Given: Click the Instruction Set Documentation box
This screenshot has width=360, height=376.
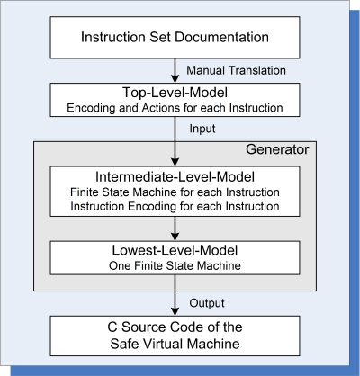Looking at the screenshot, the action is (x=175, y=38).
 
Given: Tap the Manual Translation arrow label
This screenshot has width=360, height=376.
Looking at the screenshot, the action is (x=236, y=70).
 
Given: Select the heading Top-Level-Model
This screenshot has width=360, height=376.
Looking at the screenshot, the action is (x=175, y=93).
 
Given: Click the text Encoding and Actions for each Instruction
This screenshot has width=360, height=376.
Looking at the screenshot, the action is (x=175, y=108).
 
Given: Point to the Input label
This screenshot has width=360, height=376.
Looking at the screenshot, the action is (x=202, y=129).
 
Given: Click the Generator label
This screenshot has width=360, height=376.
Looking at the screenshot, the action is (x=277, y=149).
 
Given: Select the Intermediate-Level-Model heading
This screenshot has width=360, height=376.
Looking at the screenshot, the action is (x=175, y=177).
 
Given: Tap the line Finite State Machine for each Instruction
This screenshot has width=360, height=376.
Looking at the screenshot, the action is (x=175, y=192).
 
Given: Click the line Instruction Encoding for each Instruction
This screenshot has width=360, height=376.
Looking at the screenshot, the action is (x=175, y=207).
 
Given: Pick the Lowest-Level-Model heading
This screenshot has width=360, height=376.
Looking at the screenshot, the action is (x=175, y=250).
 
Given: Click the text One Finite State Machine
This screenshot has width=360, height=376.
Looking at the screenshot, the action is (x=175, y=265).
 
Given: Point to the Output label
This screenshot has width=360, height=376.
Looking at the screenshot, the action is (x=207, y=303).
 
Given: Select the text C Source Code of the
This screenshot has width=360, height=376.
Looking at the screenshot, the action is (x=175, y=327).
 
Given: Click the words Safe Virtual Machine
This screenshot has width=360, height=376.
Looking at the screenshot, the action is (x=175, y=344).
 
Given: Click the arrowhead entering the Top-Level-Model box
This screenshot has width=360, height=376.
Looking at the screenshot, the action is (x=175, y=79).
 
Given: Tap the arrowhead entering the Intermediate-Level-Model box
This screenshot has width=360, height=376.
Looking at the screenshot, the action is (x=175, y=162).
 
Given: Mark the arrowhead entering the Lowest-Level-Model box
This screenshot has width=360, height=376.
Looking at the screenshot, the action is (x=175, y=237).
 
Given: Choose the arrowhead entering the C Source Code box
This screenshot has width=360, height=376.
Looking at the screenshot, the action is (x=175, y=312).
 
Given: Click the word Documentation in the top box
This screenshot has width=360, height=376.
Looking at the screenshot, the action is (x=221, y=38).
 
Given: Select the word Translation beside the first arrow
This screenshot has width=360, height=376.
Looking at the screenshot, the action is (x=257, y=70).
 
